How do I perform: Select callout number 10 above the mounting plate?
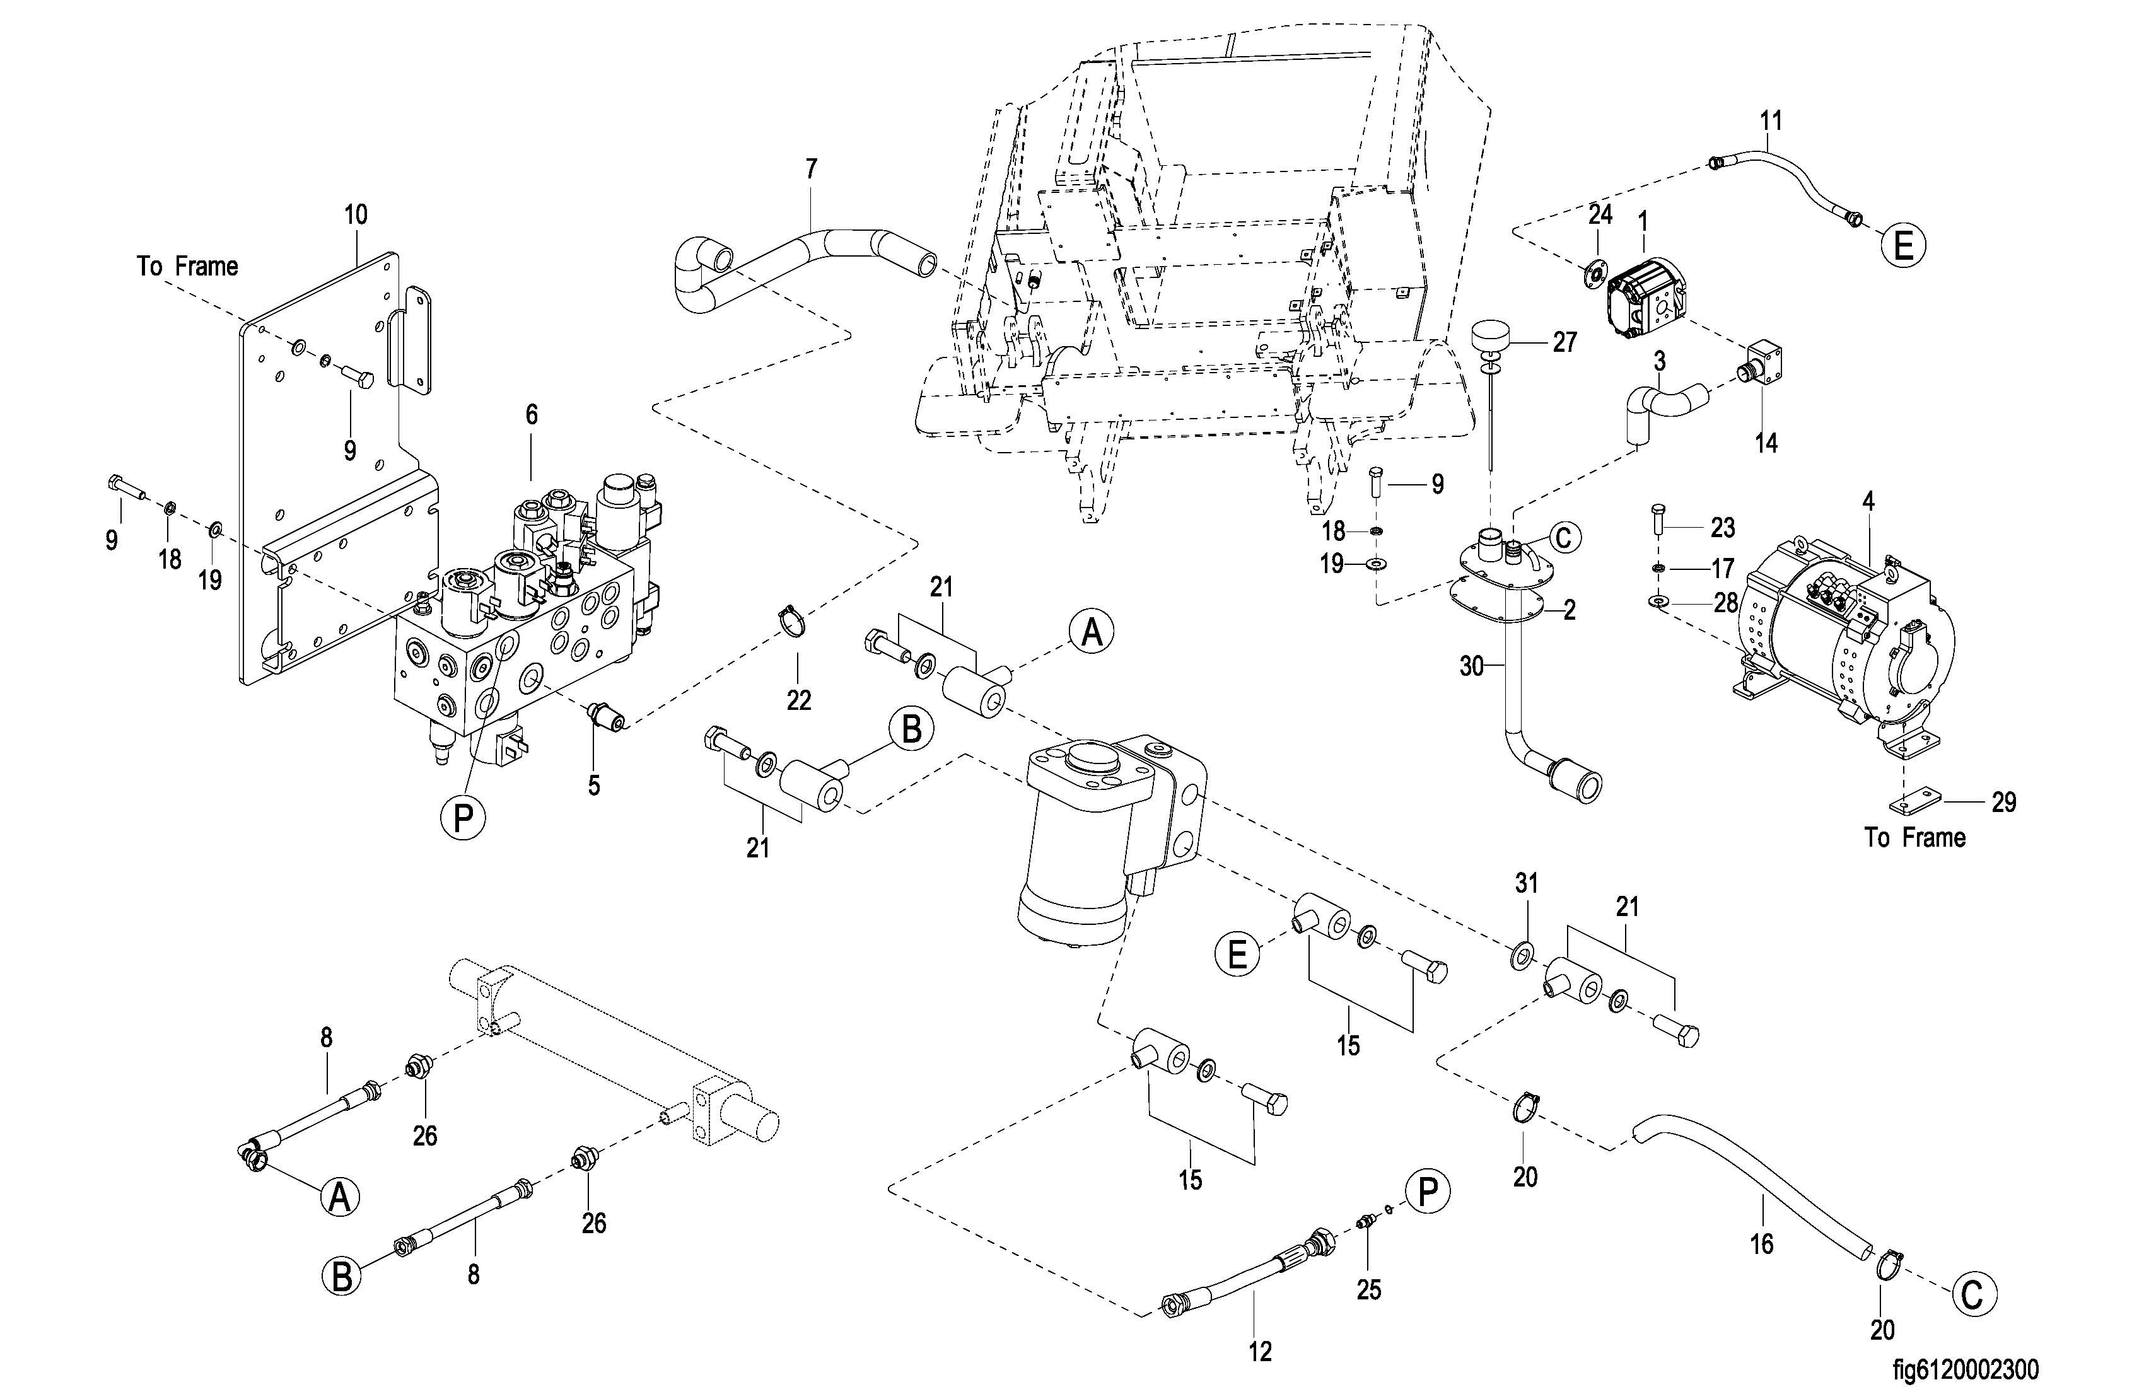(356, 215)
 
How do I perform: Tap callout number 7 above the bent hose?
(811, 168)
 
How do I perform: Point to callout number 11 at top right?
(1770, 120)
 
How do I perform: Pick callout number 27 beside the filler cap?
(1564, 342)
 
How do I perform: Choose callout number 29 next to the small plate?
(2003, 801)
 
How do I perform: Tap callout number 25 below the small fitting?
(1368, 1290)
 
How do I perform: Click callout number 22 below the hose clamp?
(798, 700)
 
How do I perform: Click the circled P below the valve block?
(463, 818)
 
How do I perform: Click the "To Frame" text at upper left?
(187, 267)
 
